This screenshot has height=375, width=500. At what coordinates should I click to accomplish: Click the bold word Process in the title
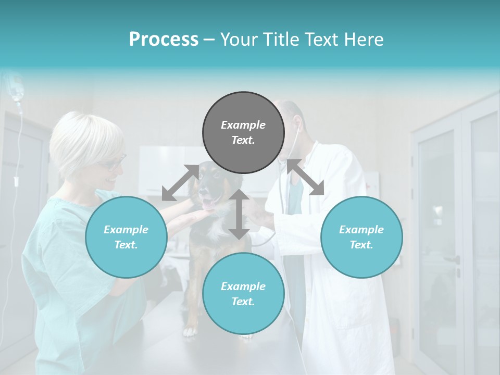(x=164, y=40)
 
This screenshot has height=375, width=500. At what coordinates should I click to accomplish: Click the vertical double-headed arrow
(x=239, y=214)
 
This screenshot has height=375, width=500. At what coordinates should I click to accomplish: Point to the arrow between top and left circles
(x=180, y=182)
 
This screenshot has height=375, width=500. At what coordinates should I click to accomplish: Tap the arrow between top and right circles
(x=305, y=177)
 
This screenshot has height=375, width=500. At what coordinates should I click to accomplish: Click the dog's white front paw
(x=190, y=330)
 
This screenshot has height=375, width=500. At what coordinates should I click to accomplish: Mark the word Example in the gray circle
(x=243, y=125)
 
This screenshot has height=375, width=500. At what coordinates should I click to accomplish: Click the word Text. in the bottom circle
(x=243, y=302)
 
